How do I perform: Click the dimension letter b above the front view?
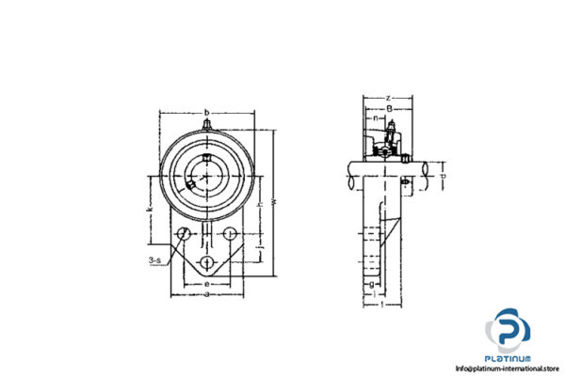coord(206,111)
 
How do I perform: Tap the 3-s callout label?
coord(153,259)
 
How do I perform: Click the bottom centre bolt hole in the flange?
coord(207,260)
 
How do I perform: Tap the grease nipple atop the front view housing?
coord(206,122)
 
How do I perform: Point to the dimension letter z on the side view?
coord(387,98)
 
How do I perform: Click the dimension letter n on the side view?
coord(377,119)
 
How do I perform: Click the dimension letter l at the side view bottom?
coord(379,302)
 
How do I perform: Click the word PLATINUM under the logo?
coord(509,359)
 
